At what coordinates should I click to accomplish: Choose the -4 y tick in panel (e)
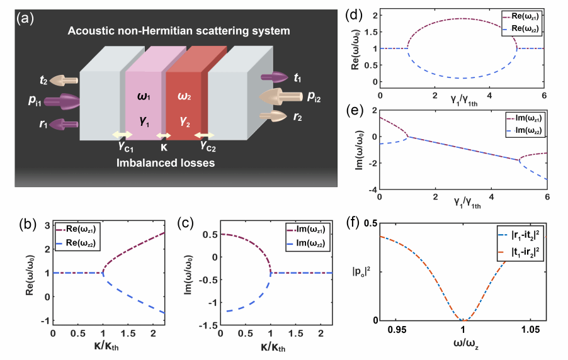(x=372, y=189)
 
